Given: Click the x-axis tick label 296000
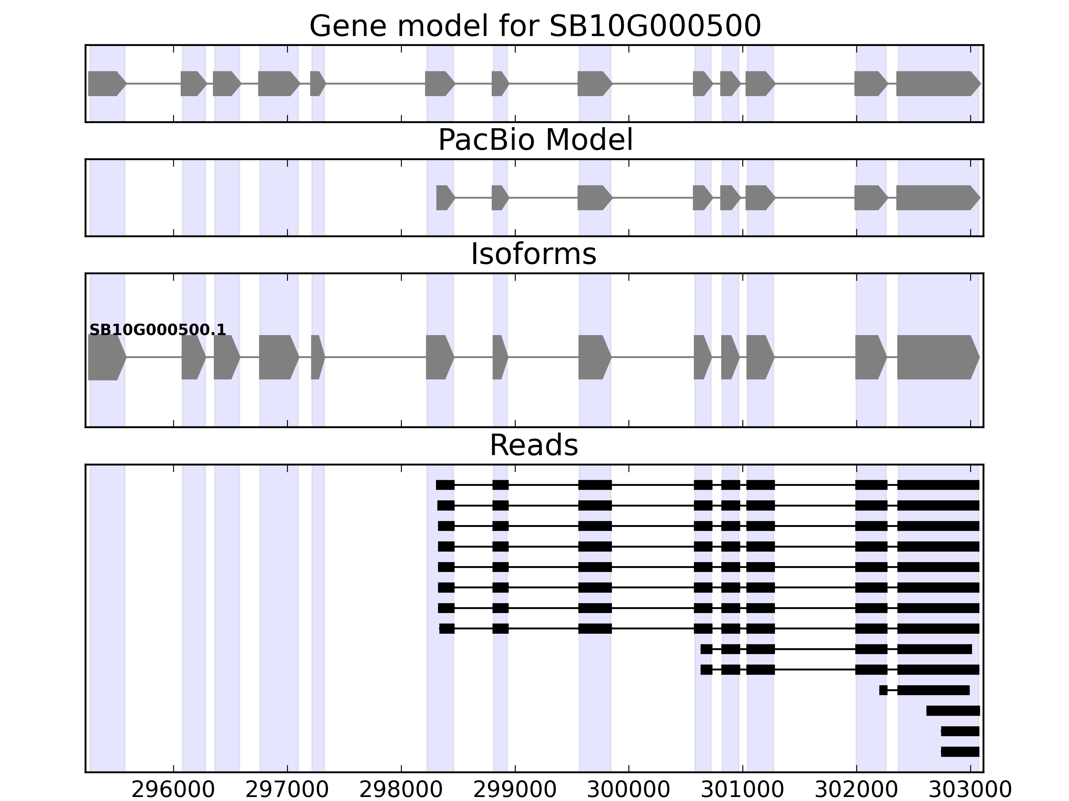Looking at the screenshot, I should coord(173,790).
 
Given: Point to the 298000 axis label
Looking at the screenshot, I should coord(401,790).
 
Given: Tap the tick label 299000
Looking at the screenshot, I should coord(515,790).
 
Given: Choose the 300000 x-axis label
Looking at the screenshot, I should coord(629,790).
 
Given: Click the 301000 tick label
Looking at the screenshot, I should coord(743,790).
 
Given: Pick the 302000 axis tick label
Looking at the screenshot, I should coord(856,790).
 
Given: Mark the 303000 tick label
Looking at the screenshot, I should coord(970,790).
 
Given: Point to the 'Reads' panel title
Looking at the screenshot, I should coord(533,445).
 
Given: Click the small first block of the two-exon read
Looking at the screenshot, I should coord(883,691).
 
